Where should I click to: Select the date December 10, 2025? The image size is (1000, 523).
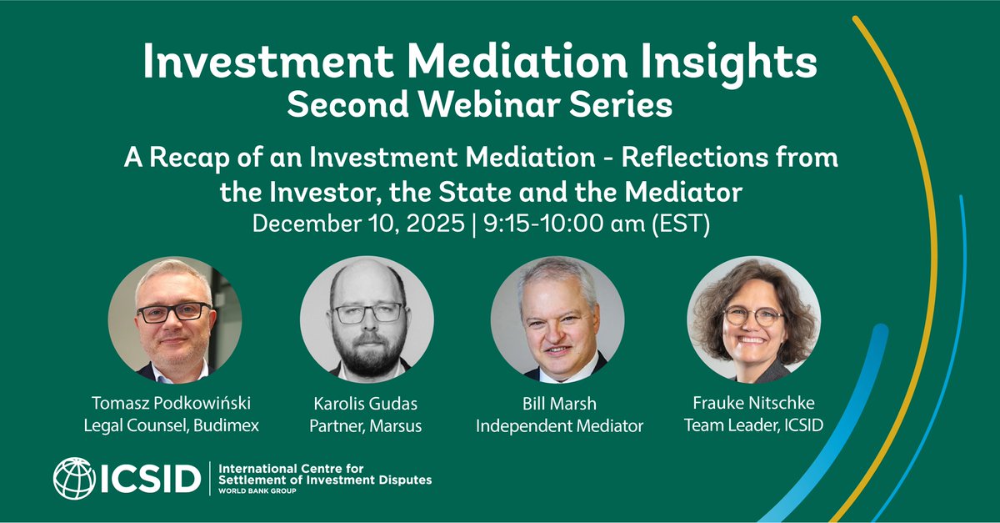pyautogui.click(x=359, y=224)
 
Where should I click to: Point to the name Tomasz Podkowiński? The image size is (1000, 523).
pyautogui.click(x=174, y=405)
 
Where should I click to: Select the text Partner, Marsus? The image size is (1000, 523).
pyautogui.click(x=367, y=426)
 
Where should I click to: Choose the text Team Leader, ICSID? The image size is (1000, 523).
pyautogui.click(x=753, y=426)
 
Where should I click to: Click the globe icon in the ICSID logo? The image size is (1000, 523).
pyautogui.click(x=74, y=479)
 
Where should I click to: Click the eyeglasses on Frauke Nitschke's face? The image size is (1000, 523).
pyautogui.click(x=752, y=316)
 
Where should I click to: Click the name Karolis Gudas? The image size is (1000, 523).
pyautogui.click(x=367, y=405)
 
